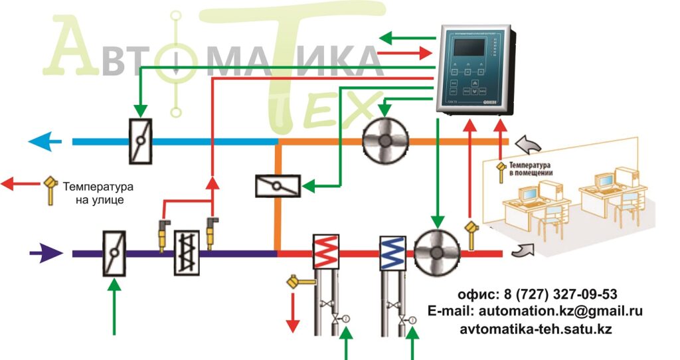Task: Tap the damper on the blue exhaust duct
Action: [x=140, y=141]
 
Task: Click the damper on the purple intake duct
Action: [x=114, y=253]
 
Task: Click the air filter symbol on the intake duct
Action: [x=186, y=253]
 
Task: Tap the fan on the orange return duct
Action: [x=384, y=140]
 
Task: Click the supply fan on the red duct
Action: [x=436, y=252]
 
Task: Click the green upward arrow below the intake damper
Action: [x=116, y=306]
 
